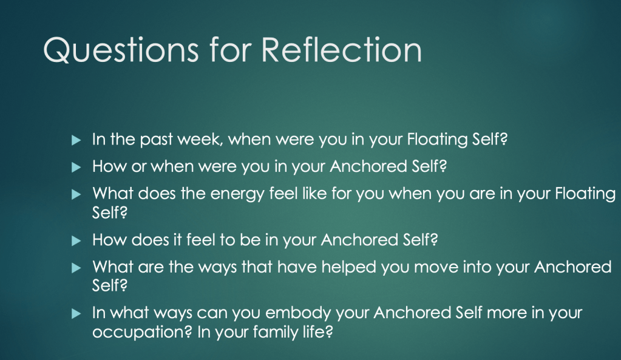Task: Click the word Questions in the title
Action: point(121,50)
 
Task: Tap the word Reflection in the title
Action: point(341,50)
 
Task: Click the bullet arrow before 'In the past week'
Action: point(76,140)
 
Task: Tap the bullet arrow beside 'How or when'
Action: point(76,168)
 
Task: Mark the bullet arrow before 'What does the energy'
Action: point(76,194)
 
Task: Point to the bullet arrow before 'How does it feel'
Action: point(76,241)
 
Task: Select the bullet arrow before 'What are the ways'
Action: point(76,268)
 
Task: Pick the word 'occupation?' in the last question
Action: point(142,332)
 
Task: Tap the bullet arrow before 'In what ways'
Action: point(76,314)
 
